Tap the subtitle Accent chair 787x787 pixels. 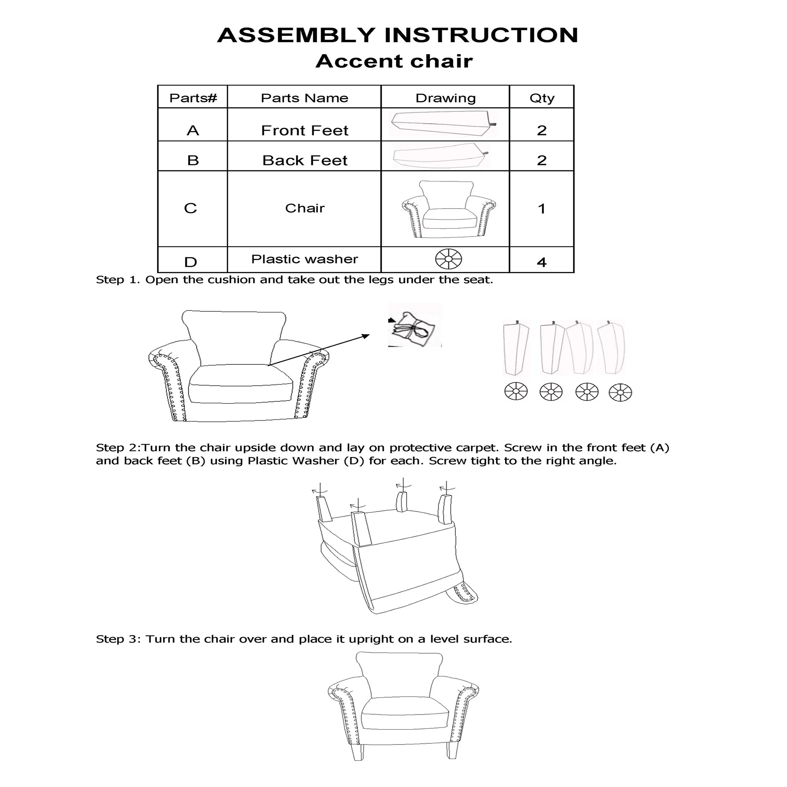(394, 61)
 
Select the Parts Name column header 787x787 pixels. (304, 98)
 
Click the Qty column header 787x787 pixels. (542, 98)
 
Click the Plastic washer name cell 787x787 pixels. (304, 259)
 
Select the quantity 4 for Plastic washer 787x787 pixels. (541, 262)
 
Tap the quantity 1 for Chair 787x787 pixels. (541, 209)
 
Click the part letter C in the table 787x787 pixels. (190, 208)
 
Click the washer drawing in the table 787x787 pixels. (449, 259)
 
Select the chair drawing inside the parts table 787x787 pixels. (449, 209)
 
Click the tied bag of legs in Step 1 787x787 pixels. (413, 329)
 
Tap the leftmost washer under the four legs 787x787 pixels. (516, 392)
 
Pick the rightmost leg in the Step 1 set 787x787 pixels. (611, 347)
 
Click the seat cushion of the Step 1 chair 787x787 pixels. (240, 384)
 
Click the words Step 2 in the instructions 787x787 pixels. (116, 448)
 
